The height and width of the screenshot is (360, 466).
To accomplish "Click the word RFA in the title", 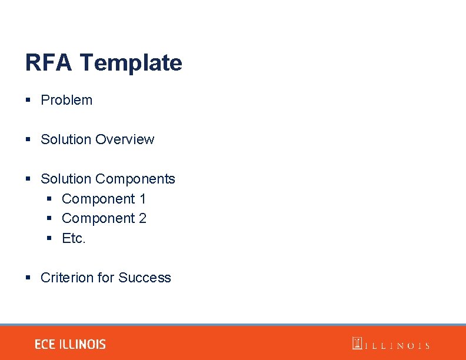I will click(x=49, y=62).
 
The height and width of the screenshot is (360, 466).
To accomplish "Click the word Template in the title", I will click(x=131, y=62).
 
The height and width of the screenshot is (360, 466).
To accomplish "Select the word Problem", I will click(x=66, y=100).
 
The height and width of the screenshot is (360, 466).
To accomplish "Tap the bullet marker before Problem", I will click(x=28, y=100).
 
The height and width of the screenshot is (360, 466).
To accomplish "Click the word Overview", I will click(x=125, y=139).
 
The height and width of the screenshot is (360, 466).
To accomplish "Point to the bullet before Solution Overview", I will click(x=28, y=139).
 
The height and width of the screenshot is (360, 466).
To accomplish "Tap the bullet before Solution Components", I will click(x=28, y=179).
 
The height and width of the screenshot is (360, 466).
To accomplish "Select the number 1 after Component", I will click(x=142, y=199).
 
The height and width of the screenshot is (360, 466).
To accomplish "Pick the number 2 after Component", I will click(x=142, y=218).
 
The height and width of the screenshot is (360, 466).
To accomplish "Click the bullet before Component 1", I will click(x=49, y=199).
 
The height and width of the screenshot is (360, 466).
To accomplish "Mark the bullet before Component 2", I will click(x=49, y=219).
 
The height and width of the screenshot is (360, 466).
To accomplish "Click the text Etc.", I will click(x=74, y=238).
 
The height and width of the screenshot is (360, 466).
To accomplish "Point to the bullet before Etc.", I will click(x=49, y=238).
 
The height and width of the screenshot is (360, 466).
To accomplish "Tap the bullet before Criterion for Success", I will click(x=28, y=278).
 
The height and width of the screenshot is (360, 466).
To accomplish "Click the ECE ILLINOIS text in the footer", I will click(x=70, y=345).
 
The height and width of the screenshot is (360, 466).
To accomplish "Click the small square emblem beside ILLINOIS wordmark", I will click(x=357, y=343).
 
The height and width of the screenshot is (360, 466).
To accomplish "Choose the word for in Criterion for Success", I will click(x=106, y=278).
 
